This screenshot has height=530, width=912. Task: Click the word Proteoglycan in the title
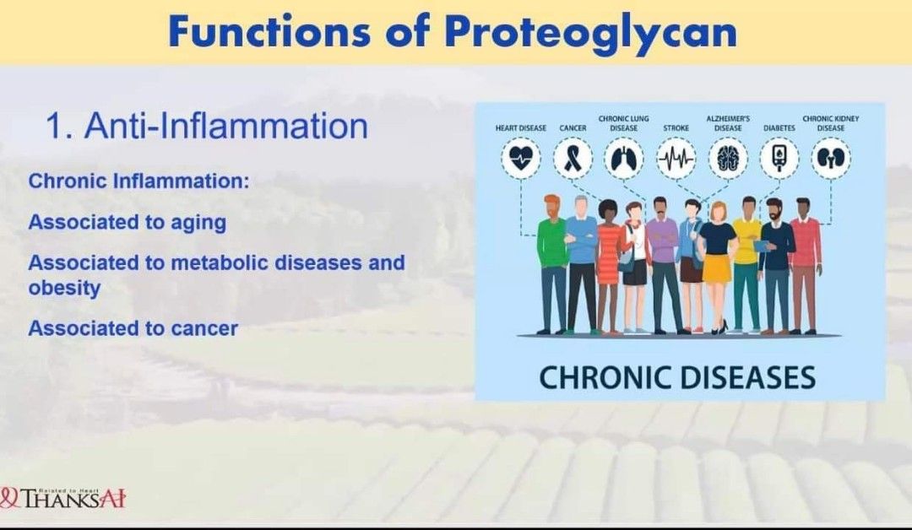590,32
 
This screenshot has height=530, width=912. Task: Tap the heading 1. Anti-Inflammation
207,127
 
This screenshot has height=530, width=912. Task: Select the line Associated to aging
128,222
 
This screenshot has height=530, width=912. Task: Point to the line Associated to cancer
133,328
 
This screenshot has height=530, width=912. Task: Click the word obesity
64,288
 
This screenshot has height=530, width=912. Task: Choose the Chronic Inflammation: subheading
138,181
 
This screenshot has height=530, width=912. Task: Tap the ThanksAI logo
64,498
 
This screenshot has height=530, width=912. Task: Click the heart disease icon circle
521,158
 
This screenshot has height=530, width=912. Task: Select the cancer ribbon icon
573,158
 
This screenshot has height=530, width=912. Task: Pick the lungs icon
624,158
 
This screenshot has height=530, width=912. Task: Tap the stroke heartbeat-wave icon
676,158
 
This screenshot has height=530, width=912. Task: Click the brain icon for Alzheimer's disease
728,158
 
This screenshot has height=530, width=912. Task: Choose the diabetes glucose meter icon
779,158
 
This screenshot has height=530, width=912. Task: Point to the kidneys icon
831,158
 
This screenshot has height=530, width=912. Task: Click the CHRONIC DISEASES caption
677,376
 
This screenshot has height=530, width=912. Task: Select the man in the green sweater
553,262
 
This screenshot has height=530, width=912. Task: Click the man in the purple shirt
663,262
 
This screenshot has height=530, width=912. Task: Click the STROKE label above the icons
676,128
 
